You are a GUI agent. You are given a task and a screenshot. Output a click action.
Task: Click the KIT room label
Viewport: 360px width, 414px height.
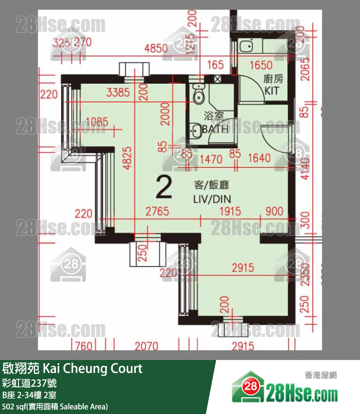point(271,91)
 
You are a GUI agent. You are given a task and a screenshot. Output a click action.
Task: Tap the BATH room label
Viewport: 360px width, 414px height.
point(216,129)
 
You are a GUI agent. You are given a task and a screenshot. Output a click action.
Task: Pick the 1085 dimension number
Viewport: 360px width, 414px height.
point(96,122)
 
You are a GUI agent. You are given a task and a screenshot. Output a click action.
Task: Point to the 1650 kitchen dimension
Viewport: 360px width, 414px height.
point(261,65)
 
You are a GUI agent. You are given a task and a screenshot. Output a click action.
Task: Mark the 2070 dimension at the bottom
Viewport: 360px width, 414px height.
point(146,346)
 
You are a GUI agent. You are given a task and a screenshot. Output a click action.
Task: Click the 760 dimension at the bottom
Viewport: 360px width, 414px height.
point(84,346)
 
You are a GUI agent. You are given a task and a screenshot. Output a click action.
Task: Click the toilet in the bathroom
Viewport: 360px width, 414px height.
point(198,95)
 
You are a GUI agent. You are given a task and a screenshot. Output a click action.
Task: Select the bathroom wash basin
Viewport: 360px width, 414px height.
point(196,131)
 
